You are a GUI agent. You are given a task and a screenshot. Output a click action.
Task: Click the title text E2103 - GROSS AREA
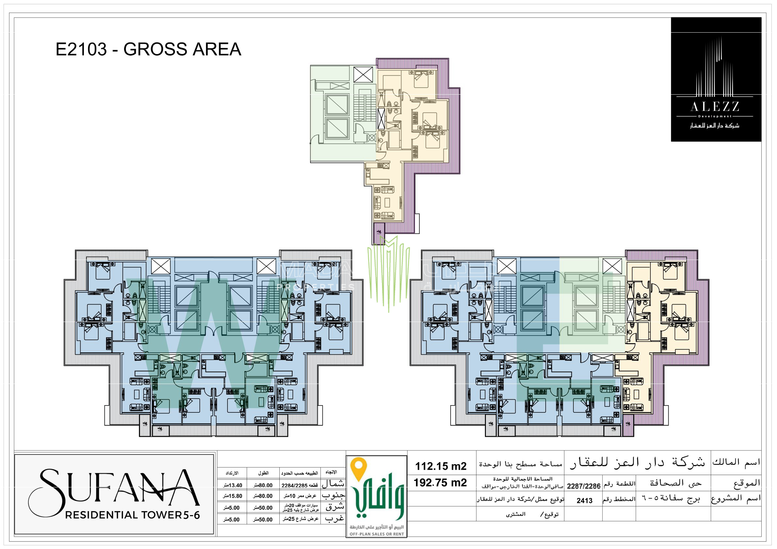pyautogui.click(x=148, y=49)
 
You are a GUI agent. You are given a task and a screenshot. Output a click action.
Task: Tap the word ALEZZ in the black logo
pyautogui.click(x=715, y=107)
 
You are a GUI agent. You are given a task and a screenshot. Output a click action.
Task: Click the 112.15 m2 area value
pyautogui.click(x=441, y=466)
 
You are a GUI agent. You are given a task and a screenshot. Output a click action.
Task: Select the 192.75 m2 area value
pyautogui.click(x=440, y=483)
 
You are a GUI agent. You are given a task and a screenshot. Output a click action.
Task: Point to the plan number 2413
pyautogui.click(x=584, y=501)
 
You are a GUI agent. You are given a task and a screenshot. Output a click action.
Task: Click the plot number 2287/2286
pyautogui.click(x=584, y=486)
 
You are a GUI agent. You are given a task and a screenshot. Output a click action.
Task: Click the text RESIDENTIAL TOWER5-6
pyautogui.click(x=132, y=515)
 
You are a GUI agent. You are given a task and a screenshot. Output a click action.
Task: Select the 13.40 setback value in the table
pyautogui.click(x=233, y=485)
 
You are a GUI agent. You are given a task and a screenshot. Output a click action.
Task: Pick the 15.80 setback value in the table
pyautogui.click(x=233, y=496)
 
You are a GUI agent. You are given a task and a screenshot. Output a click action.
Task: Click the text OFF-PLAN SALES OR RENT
pyautogui.click(x=377, y=534)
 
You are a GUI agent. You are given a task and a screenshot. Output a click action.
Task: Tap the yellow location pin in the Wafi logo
pyautogui.click(x=359, y=468)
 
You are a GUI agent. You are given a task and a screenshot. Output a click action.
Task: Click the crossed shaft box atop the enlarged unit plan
pyautogui.click(x=363, y=75)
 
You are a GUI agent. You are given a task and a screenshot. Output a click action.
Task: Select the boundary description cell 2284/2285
pyautogui.click(x=299, y=485)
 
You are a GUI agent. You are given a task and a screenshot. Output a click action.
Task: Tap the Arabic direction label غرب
pyautogui.click(x=334, y=519)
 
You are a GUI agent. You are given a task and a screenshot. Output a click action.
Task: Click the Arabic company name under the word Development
pyautogui.click(x=715, y=126)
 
